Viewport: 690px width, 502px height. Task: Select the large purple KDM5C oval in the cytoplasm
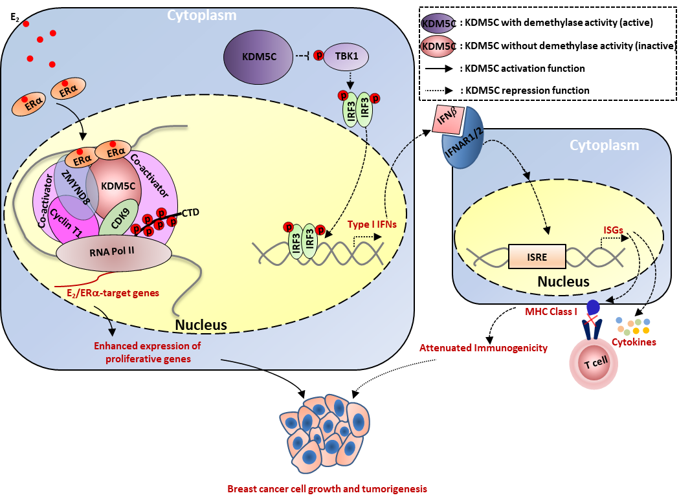(x=260, y=57)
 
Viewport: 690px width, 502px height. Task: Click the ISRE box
(x=537, y=257)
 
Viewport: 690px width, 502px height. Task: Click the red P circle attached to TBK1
(x=319, y=56)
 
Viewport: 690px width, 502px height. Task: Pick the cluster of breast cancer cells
(x=327, y=433)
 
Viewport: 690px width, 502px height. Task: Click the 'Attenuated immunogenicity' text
(x=483, y=348)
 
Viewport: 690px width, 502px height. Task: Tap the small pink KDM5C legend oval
(x=438, y=46)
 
